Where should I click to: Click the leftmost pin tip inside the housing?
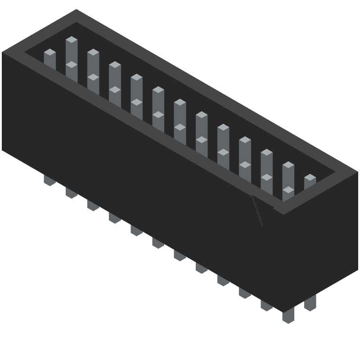[x=49, y=53]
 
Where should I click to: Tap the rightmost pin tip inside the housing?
[x=310, y=178]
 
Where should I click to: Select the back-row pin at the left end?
[x=72, y=40]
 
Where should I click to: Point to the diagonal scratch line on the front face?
[x=257, y=211]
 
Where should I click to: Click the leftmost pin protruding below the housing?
[x=49, y=181]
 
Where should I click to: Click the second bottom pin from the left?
[x=72, y=193]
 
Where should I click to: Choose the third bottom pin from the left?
[x=93, y=206]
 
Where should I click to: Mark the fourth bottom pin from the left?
[x=115, y=218]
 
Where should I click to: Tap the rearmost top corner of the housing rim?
[x=76, y=9]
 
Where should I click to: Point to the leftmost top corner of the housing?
[x=2, y=52]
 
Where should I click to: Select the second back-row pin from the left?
[x=93, y=53]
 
